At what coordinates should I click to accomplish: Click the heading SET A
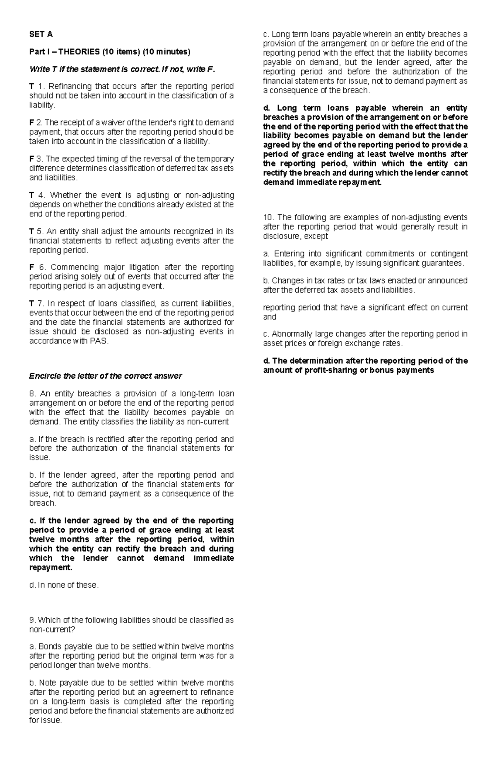click(x=41, y=34)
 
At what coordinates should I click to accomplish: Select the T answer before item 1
click(x=31, y=86)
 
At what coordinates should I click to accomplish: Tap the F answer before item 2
click(x=31, y=123)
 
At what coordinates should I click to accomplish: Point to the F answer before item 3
click(x=31, y=159)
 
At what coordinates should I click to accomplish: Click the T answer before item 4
click(x=31, y=195)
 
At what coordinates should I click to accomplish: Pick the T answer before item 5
click(x=31, y=231)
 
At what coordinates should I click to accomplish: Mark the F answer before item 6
click(x=31, y=267)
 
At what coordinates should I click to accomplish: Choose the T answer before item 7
click(x=31, y=304)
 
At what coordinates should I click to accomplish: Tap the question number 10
click(x=268, y=218)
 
